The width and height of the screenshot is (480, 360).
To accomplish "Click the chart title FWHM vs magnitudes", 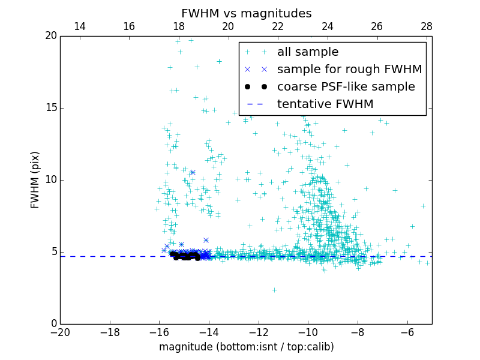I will pyautogui.click(x=246, y=13).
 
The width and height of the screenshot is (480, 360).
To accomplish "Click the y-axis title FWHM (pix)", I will pyautogui.click(x=35, y=179).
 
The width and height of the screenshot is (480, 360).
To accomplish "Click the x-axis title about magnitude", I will pyautogui.click(x=246, y=347).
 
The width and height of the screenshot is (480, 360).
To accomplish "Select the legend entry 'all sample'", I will pyautogui.click(x=307, y=52).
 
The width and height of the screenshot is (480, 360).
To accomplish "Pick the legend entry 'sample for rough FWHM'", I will pyautogui.click(x=349, y=70).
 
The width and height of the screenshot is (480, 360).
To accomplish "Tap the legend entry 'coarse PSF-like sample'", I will pyautogui.click(x=346, y=87).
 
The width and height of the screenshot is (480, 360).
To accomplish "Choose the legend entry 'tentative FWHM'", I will pyautogui.click(x=325, y=104).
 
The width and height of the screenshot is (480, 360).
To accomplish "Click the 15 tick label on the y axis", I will pyautogui.click(x=50, y=108).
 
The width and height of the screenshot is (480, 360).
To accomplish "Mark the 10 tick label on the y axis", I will pyautogui.click(x=50, y=180).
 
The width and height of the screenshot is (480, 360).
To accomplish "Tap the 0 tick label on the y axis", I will pyautogui.click(x=53, y=324).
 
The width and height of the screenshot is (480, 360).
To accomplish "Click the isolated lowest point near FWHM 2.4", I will pyautogui.click(x=274, y=290).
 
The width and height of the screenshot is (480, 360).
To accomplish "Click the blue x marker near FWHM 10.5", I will pyautogui.click(x=193, y=172).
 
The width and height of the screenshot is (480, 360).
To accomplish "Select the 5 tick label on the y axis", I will pyautogui.click(x=53, y=252).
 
